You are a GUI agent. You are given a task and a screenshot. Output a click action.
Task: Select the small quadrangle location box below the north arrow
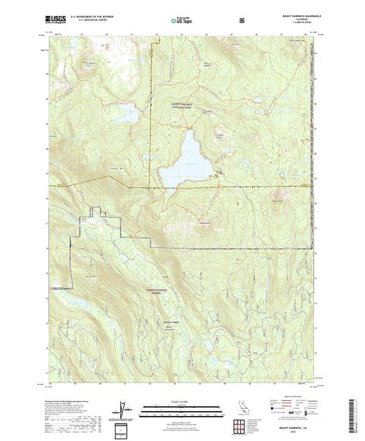click(123, 428)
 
